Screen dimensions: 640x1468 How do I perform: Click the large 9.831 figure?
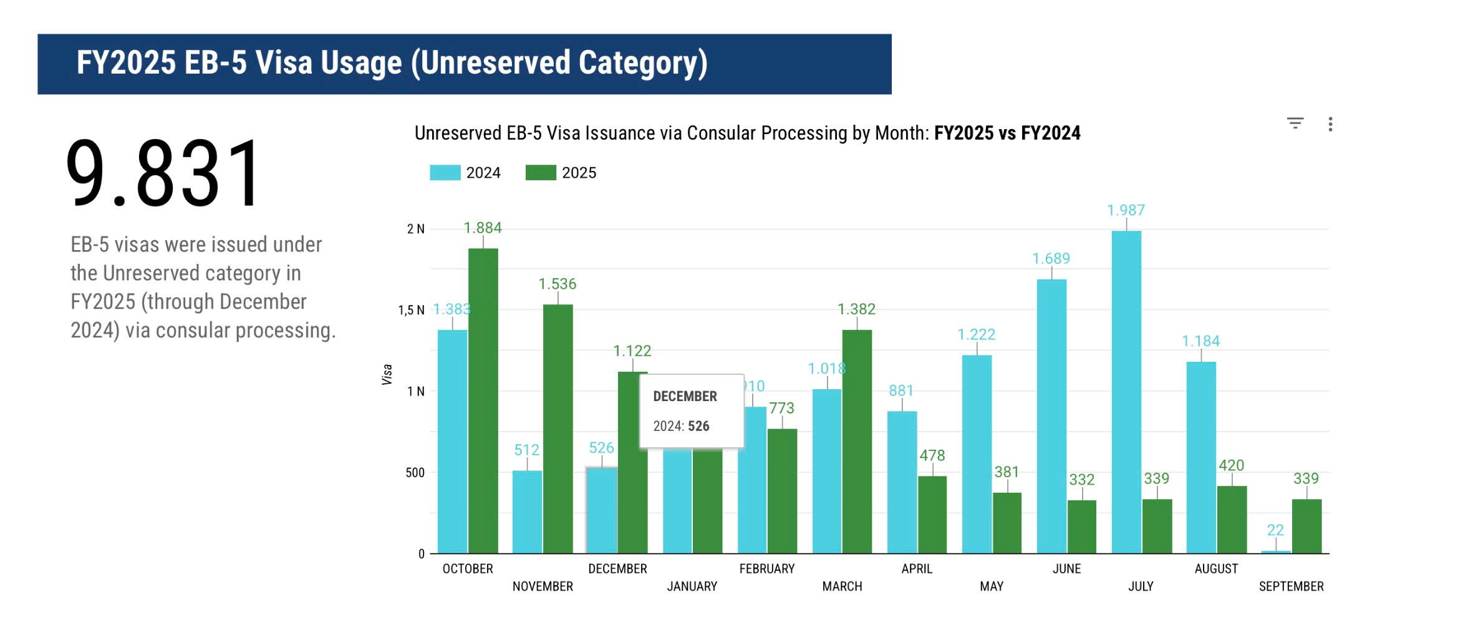coord(163,173)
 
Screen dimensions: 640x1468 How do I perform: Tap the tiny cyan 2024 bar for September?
coord(1275,551)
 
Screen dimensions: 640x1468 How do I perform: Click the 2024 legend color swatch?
coord(445,173)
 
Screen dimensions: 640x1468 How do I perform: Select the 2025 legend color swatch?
coord(541,173)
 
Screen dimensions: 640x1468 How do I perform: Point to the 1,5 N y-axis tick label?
coord(411,310)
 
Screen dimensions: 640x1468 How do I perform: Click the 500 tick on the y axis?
coord(415,473)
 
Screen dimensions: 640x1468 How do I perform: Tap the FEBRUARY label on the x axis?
coord(766,569)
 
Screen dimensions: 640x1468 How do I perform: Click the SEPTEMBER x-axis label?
coord(1291,586)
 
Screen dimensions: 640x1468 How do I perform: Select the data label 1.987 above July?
coord(1126,210)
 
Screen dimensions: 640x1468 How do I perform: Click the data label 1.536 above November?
coord(557,284)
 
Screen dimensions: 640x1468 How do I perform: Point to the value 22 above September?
coord(1275,530)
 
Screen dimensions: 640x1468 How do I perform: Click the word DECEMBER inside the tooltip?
coord(685,396)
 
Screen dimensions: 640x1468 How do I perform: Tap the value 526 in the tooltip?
coord(698,426)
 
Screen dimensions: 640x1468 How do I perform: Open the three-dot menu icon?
coord(1330,124)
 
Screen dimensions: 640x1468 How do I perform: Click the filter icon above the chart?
coord(1295,124)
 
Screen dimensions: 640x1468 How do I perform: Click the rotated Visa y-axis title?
coord(387,374)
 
